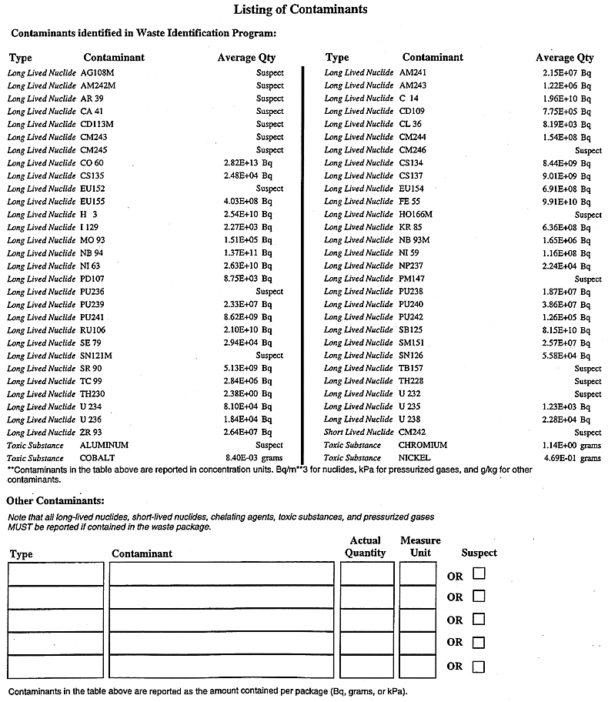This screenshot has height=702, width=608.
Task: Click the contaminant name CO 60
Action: click(92, 163)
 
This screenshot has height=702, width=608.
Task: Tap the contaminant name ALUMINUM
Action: click(105, 446)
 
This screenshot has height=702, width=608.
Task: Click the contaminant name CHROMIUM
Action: click(423, 446)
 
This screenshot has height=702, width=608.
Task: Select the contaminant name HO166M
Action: click(416, 215)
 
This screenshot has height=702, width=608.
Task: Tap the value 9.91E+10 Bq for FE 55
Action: click(567, 202)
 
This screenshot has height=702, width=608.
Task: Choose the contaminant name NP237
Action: click(412, 266)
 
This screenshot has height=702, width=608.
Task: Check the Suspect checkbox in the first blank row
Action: click(479, 573)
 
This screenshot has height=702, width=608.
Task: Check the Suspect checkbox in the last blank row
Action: click(479, 667)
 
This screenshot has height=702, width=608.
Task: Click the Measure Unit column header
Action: click(420, 547)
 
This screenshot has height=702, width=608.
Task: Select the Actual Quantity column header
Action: click(365, 547)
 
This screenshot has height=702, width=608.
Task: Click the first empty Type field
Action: click(55, 573)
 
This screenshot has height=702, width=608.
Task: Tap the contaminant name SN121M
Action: click(97, 356)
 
